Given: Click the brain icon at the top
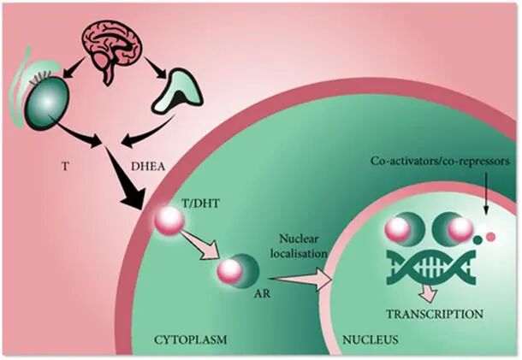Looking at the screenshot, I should click(x=112, y=46).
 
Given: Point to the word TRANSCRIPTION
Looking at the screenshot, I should click(x=435, y=313).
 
